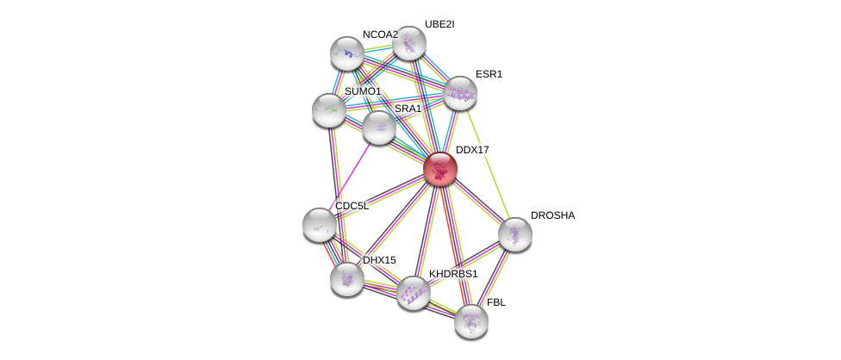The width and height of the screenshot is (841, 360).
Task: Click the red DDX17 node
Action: point(439,169)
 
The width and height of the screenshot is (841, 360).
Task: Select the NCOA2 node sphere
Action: point(347,53)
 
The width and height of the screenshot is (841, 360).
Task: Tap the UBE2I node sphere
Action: point(408,43)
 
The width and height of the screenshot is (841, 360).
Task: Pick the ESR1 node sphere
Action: point(459,93)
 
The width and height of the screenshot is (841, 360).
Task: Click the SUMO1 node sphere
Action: point(328,110)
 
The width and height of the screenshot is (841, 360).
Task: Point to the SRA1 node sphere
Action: point(378,127)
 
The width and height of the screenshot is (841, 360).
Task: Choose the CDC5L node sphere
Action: point(320,225)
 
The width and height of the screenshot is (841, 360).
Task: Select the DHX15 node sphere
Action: point(347,278)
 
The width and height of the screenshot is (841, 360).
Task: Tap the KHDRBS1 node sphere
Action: point(413,293)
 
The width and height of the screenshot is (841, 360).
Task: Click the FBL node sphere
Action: point(470,320)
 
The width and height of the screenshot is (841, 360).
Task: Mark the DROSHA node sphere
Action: point(514,234)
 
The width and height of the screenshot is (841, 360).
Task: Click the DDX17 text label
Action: point(472,150)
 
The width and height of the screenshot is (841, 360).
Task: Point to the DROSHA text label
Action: point(552,215)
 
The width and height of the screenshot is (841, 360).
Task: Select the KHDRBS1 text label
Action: point(452,274)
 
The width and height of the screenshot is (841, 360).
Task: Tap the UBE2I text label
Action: point(439,24)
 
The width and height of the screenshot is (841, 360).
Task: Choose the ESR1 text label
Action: point(489,74)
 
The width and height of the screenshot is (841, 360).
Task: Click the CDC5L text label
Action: point(352,206)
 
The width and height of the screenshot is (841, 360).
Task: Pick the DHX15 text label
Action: point(379,260)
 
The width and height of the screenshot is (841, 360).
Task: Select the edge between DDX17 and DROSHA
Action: point(477,202)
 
